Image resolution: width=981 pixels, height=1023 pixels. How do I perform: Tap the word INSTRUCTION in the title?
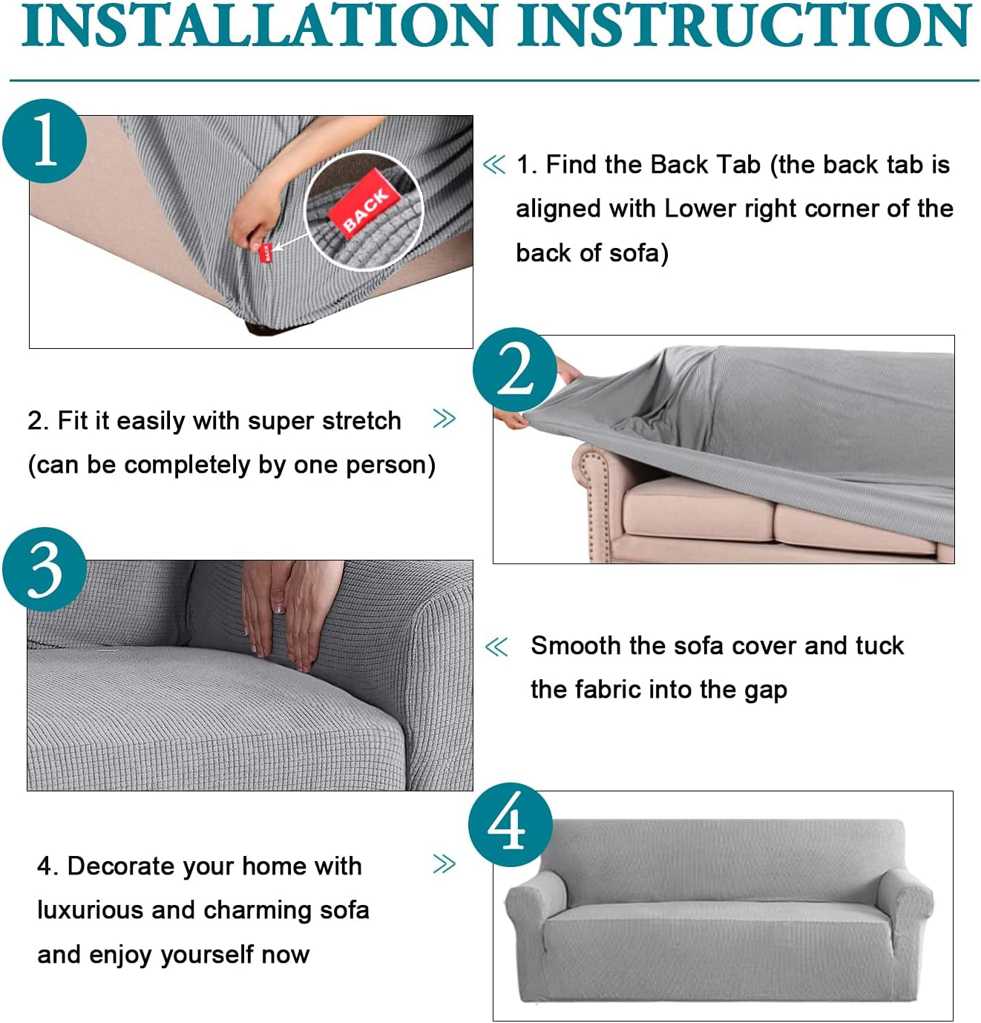pyautogui.click(x=744, y=25)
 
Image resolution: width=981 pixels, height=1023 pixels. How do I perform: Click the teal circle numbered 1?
pyautogui.click(x=45, y=141)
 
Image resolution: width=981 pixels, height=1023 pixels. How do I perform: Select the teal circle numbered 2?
pyautogui.click(x=514, y=370)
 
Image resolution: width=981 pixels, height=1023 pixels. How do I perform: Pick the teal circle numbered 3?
pyautogui.click(x=45, y=569)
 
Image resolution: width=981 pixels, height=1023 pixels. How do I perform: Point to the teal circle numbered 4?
pyautogui.click(x=511, y=825)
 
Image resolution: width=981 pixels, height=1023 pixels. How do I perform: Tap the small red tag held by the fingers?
pyautogui.click(x=266, y=253)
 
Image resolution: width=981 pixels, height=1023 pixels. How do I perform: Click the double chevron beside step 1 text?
pyautogui.click(x=494, y=165)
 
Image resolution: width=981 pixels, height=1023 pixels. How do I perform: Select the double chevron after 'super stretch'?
pyautogui.click(x=444, y=419)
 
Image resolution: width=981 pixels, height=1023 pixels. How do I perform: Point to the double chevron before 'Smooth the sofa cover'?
pyautogui.click(x=496, y=647)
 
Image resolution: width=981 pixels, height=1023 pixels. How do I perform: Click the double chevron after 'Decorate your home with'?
pyautogui.click(x=444, y=864)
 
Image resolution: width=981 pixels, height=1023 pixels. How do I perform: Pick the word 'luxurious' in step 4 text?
pyautogui.click(x=90, y=910)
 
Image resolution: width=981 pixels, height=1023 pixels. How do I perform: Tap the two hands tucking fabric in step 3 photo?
pyautogui.click(x=292, y=613)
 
